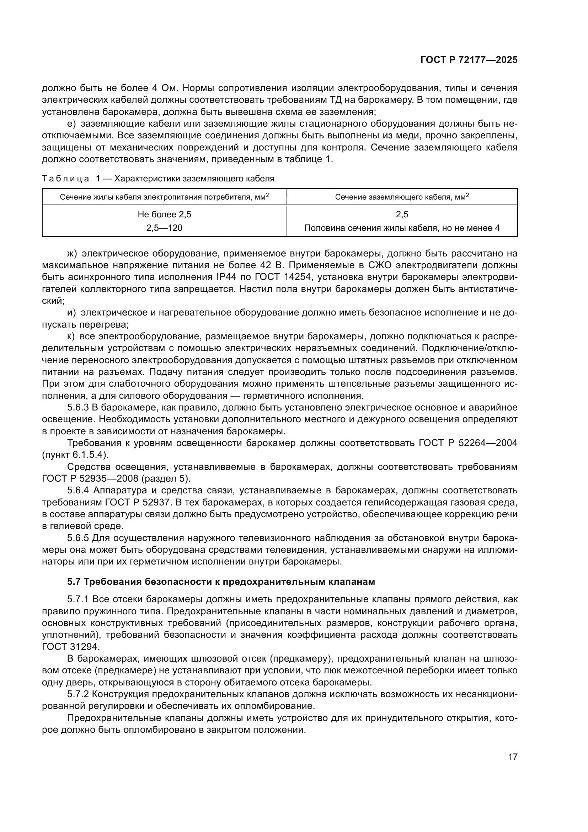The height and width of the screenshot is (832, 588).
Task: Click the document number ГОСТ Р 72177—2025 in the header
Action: point(469,60)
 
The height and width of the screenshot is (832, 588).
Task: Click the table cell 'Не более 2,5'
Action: point(164,214)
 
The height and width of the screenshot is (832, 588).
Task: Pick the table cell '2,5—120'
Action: point(164,228)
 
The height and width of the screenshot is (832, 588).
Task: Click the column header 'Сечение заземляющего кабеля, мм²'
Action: point(402,197)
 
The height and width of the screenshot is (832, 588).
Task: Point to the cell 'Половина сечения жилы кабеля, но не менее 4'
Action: point(402,228)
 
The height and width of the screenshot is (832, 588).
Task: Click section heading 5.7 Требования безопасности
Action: point(221,582)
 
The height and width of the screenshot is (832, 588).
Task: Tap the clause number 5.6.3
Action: point(78,408)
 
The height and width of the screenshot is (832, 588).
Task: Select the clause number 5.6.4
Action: point(78,491)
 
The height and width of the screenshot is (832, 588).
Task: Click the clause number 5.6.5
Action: point(78,538)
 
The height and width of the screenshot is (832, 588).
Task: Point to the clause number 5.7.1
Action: point(78,600)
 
